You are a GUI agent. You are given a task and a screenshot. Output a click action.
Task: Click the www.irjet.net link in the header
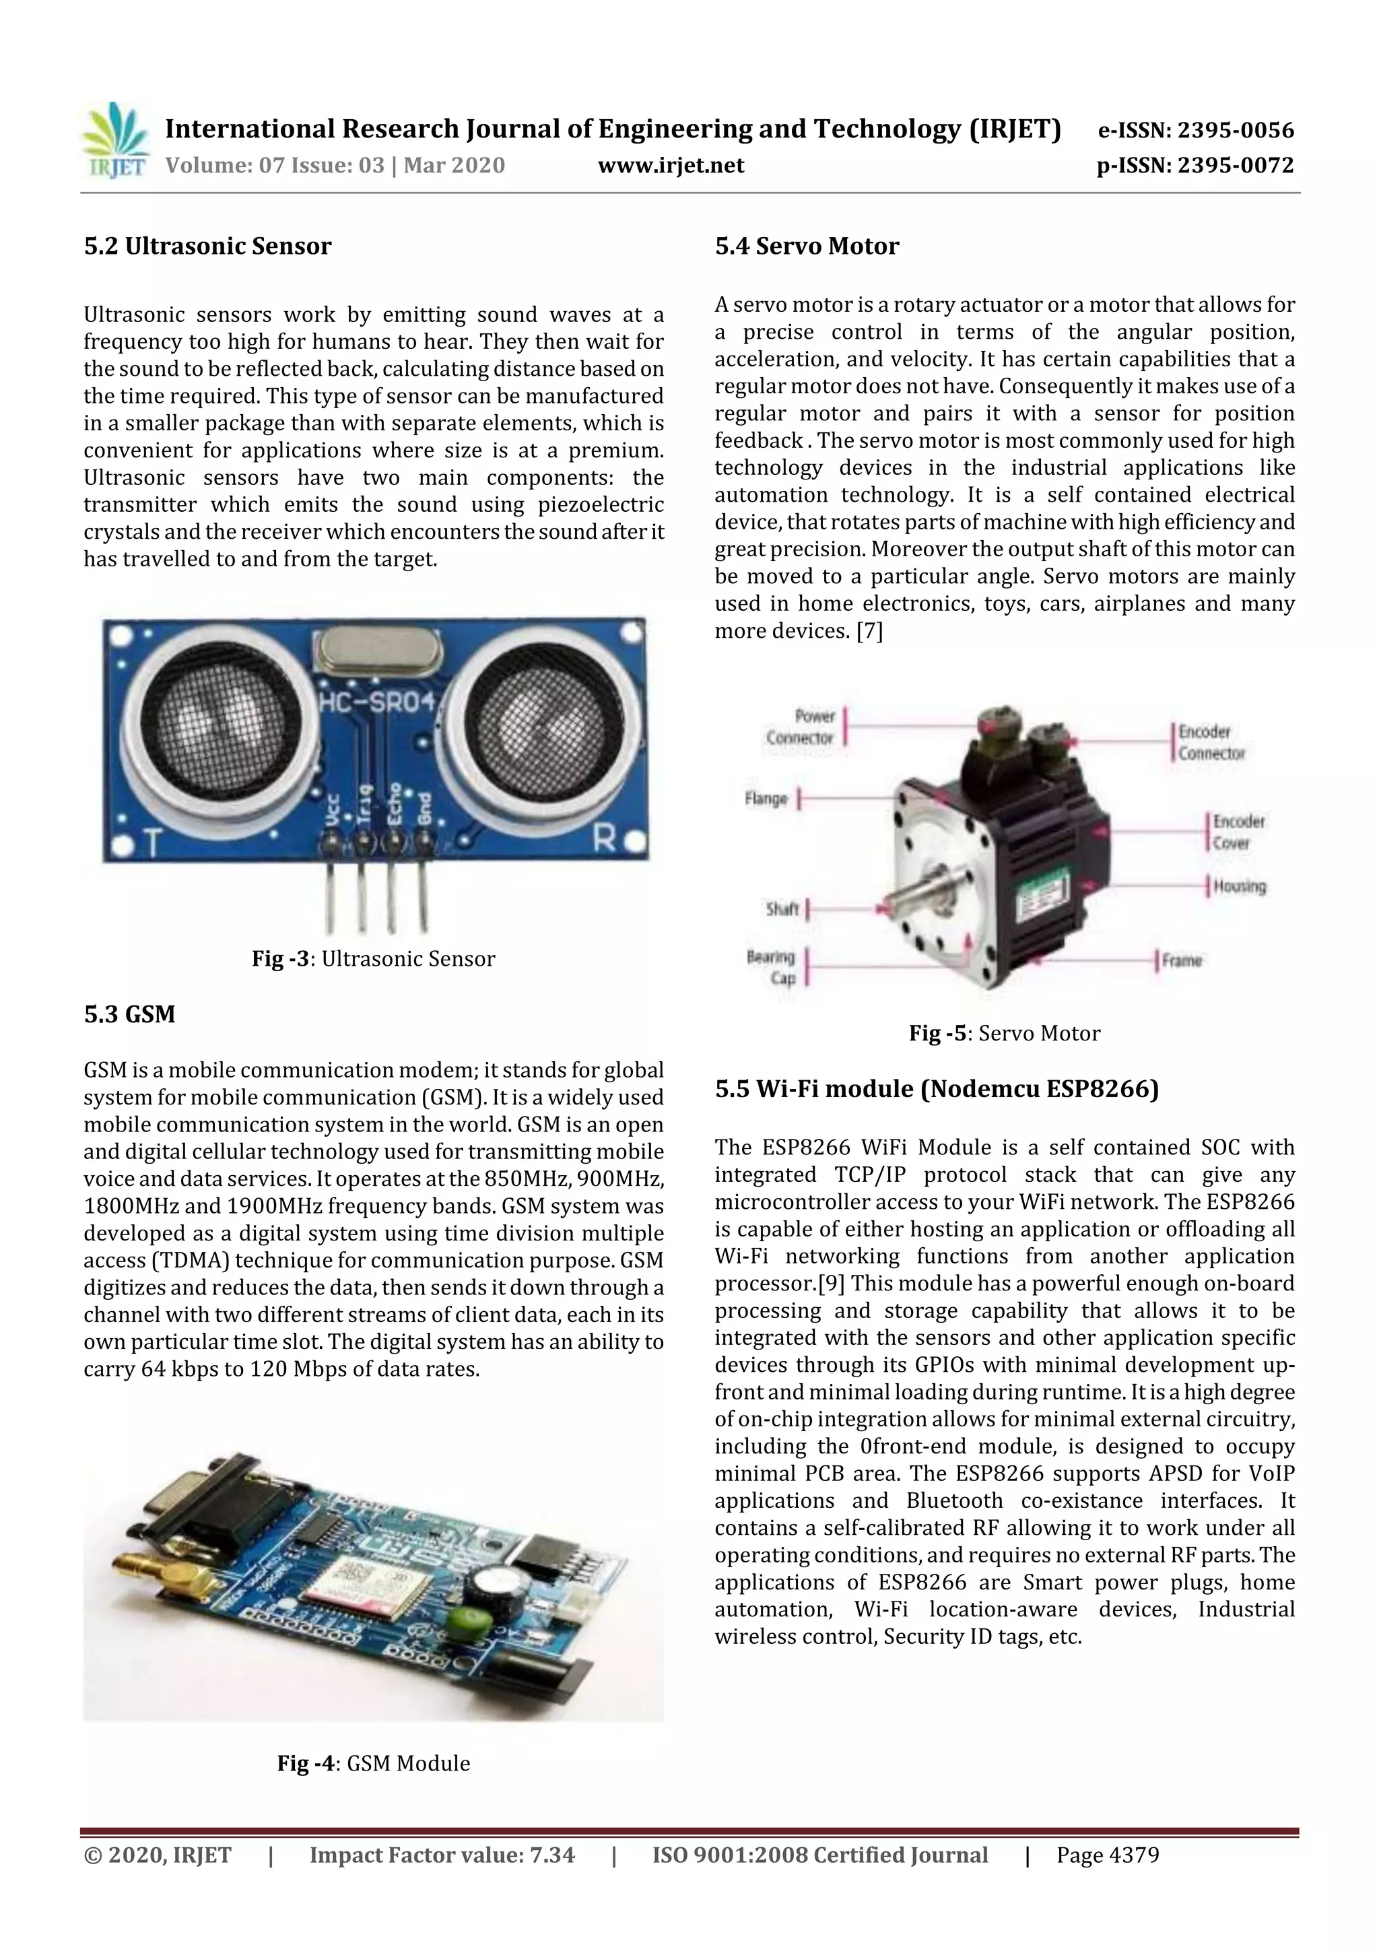(x=671, y=165)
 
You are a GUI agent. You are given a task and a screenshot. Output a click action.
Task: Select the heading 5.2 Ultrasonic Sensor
(x=207, y=246)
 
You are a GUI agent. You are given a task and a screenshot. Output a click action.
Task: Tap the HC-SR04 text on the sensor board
(x=377, y=702)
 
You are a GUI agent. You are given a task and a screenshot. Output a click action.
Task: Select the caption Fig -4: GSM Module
(x=373, y=1763)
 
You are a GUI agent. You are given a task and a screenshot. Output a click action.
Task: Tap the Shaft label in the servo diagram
(x=782, y=909)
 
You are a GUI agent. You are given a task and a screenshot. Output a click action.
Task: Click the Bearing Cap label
(x=771, y=967)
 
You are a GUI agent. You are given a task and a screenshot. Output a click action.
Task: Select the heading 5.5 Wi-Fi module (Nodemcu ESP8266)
(x=937, y=1090)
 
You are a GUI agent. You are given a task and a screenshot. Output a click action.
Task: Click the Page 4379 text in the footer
(x=1107, y=1855)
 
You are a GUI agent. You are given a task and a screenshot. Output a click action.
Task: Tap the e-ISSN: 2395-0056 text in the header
(x=1195, y=130)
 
